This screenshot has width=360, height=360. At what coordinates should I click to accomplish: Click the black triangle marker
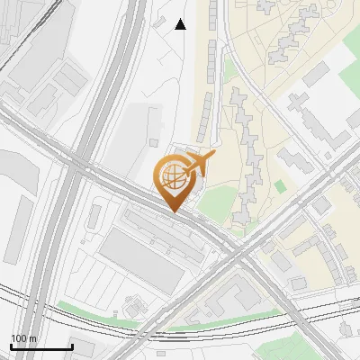tap(180, 24)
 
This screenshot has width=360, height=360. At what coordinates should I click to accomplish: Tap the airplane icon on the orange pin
tap(198, 164)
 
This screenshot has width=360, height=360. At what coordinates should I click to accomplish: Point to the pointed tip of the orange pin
tap(172, 212)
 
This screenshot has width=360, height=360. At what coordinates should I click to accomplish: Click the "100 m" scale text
tap(24, 338)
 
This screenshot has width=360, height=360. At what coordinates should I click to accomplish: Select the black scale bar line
tap(41, 347)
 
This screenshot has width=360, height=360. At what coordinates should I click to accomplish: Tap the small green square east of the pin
tap(280, 186)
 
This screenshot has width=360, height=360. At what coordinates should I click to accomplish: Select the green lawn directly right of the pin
tap(213, 205)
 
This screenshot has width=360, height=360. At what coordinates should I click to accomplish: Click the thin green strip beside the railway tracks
tap(90, 311)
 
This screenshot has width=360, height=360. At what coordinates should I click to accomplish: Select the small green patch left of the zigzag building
tap(229, 67)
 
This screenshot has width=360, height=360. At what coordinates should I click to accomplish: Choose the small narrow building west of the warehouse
tap(95, 216)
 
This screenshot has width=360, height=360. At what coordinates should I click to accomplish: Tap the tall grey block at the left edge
tap(15, 206)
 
